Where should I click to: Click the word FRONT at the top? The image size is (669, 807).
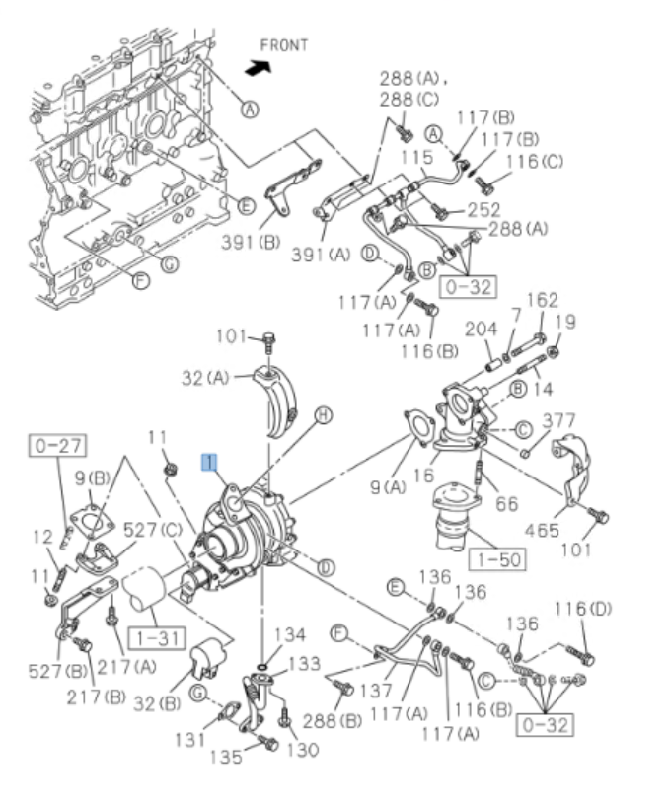click(284, 45)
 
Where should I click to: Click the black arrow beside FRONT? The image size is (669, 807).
click(259, 67)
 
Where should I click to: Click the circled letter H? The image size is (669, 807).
click(322, 417)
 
